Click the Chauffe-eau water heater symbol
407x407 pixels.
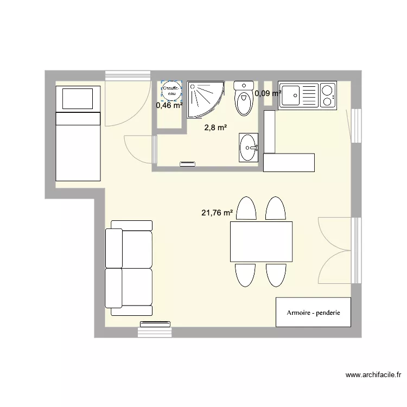click(171, 91)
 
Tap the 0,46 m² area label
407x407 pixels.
click(169, 105)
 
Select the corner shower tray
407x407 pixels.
click(205, 99)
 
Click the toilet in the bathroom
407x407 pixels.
click(244, 98)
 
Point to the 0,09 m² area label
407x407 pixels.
click(268, 93)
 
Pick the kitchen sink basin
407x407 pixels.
click(290, 96)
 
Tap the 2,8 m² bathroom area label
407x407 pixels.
click(215, 128)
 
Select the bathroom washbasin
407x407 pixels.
click(250, 148)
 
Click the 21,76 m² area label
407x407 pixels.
click(217, 213)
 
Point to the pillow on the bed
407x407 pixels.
click(78, 99)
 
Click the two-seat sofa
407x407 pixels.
click(129, 268)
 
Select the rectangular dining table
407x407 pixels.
click(261, 241)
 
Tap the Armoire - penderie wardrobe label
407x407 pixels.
click(314, 313)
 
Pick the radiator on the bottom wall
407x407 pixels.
click(155, 325)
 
